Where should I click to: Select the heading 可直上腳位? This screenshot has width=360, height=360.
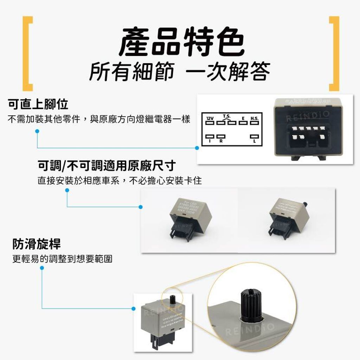click(x=38, y=104)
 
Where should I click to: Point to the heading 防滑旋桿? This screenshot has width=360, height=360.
click(x=36, y=244)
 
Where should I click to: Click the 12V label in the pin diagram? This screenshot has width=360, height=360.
click(x=210, y=118)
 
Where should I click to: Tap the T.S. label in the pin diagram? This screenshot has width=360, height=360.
click(x=227, y=116)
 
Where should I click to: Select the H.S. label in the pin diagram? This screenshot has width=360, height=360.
click(x=255, y=118)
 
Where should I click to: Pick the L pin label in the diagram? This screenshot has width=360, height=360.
click(x=254, y=141)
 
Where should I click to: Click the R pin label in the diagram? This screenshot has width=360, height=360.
click(x=221, y=141)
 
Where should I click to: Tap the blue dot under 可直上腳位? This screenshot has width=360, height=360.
click(x=37, y=131)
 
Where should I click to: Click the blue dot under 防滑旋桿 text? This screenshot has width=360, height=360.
click(x=42, y=268)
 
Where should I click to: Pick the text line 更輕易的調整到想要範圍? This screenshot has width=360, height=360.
click(x=62, y=259)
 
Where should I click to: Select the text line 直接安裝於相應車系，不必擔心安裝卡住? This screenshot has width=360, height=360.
click(x=120, y=181)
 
